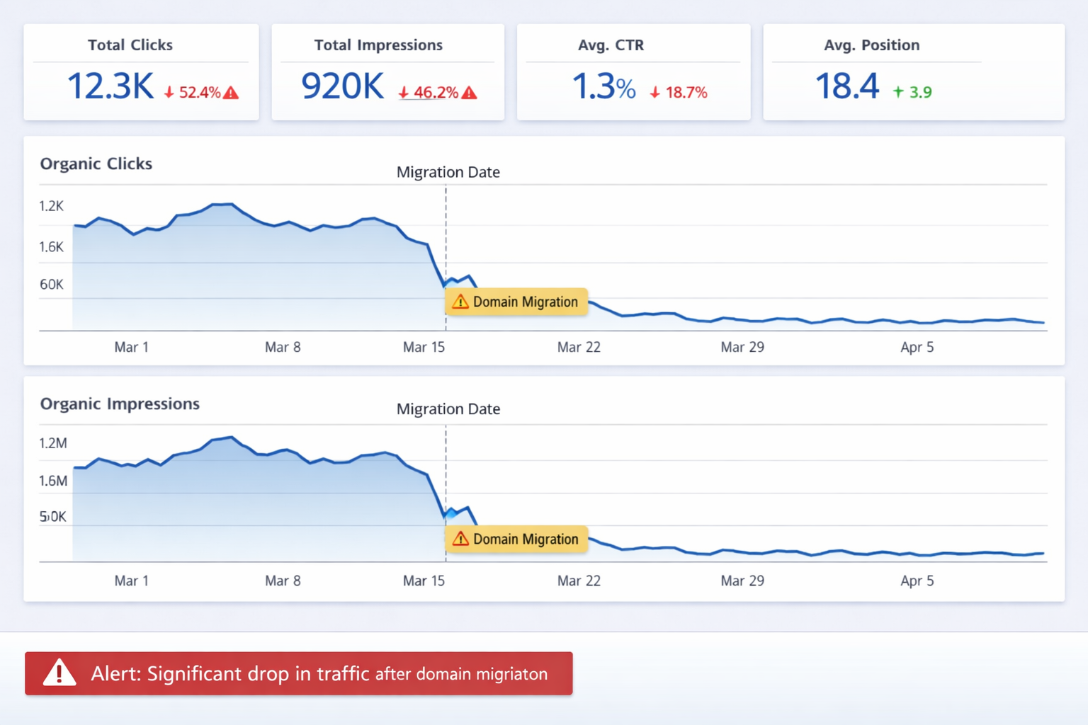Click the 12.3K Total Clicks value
(x=110, y=86)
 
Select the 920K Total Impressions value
(x=342, y=86)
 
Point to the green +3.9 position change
(x=912, y=92)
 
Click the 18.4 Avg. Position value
(x=846, y=86)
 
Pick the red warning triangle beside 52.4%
(x=231, y=93)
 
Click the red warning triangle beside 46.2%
(x=469, y=93)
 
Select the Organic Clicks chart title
(x=96, y=164)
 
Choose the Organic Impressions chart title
(x=120, y=404)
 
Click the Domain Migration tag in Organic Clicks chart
(x=516, y=302)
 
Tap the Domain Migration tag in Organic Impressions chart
(x=516, y=539)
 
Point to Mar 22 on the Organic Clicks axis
(x=579, y=347)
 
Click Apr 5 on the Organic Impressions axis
(x=917, y=581)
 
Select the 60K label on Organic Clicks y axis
(x=52, y=285)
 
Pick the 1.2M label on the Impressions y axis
(x=53, y=443)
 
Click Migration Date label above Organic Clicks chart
(x=448, y=172)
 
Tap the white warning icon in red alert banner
(x=59, y=673)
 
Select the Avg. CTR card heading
(x=611, y=45)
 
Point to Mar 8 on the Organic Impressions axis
(x=283, y=581)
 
